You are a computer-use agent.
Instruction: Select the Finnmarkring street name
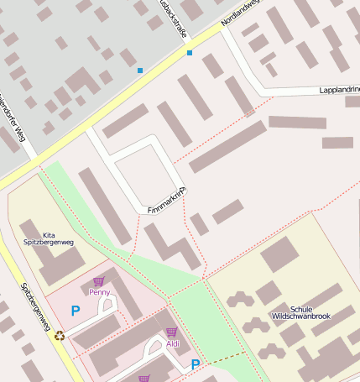[166, 200]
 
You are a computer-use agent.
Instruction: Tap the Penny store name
[100, 292]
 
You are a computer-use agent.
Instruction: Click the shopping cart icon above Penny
[99, 282]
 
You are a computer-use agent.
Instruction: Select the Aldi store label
[173, 343]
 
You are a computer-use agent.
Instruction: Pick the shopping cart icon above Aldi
[171, 333]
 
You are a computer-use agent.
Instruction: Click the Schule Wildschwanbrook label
[300, 312]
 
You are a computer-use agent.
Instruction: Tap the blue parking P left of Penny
[76, 311]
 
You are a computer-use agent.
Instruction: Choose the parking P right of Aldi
[196, 364]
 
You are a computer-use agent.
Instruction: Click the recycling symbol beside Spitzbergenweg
[60, 336]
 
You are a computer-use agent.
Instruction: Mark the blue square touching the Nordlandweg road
[190, 53]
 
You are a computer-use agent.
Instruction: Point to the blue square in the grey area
[140, 71]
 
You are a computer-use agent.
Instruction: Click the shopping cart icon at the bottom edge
[144, 379]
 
